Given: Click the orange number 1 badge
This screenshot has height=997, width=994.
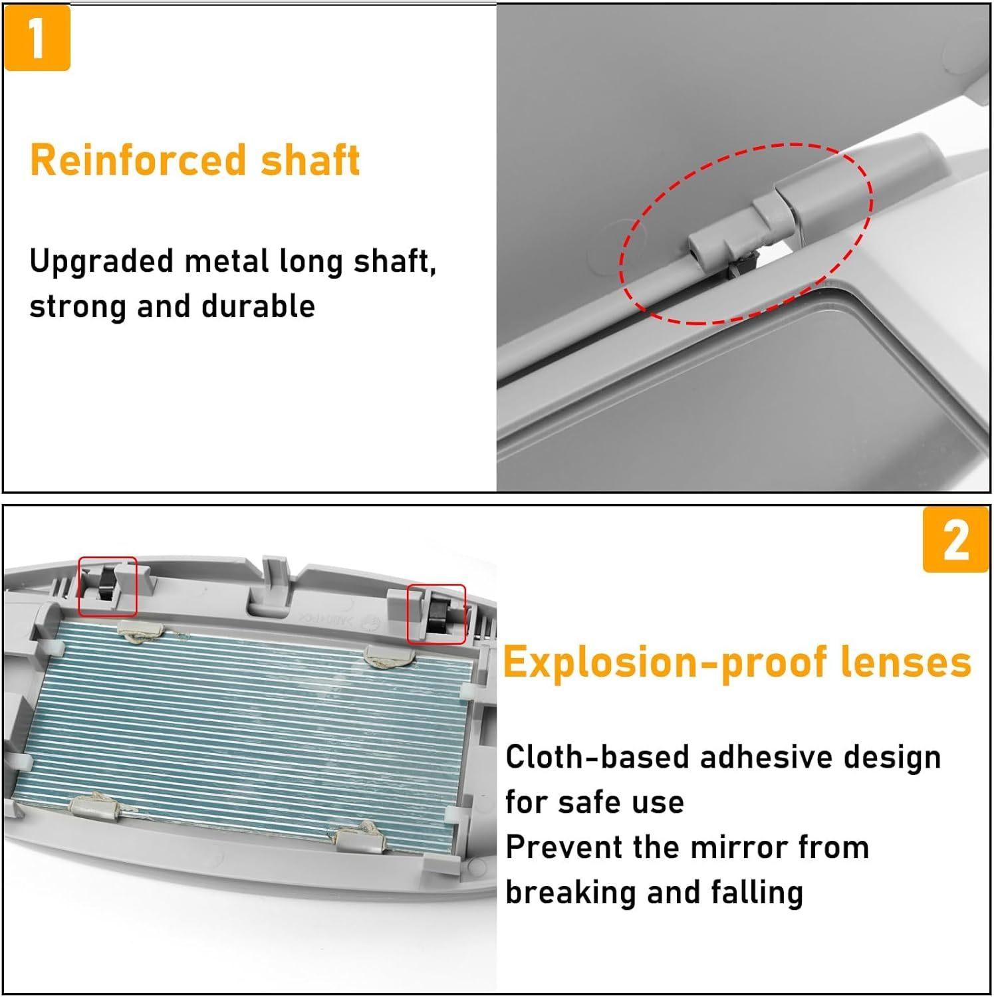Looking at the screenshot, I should tap(37, 38).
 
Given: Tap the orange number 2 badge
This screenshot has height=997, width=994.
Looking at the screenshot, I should tap(955, 540).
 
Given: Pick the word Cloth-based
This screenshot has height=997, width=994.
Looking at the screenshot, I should tap(596, 757).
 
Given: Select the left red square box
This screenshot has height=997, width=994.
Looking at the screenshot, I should tap(108, 586).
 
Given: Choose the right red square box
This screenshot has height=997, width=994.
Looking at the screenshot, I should tap(436, 614).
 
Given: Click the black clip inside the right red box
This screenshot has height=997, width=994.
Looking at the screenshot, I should tap(439, 615).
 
